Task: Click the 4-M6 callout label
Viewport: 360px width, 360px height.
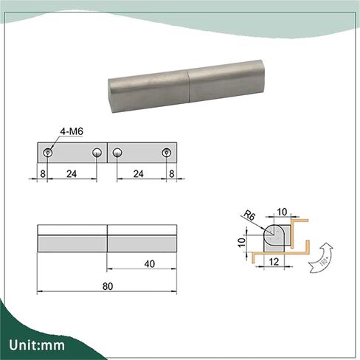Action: tap(72, 131)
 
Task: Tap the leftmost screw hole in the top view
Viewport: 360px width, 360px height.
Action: tap(48, 153)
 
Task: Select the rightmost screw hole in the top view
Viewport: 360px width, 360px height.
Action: tap(166, 153)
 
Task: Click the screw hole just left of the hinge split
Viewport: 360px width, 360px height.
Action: tap(97, 153)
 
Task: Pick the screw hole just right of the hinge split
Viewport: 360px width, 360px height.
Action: tap(117, 153)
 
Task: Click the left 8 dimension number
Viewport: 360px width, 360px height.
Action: tap(43, 174)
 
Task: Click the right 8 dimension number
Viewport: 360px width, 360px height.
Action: tap(172, 174)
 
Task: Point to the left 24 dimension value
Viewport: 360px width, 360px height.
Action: tap(72, 174)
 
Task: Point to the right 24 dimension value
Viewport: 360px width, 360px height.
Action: tap(138, 174)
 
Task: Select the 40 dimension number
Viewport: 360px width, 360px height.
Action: tap(150, 264)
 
